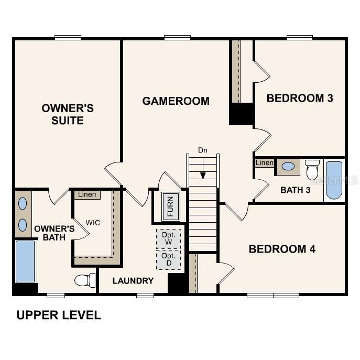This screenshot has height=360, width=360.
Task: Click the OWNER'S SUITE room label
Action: click(68, 114)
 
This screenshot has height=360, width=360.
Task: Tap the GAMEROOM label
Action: click(176, 101)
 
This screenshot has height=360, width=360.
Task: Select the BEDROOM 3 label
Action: click(300, 98)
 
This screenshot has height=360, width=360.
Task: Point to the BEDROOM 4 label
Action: click(282, 249)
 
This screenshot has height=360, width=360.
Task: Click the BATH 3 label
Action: click(296, 190)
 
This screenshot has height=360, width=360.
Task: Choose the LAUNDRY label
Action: click(133, 281)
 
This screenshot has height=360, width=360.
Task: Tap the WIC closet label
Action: click(93, 222)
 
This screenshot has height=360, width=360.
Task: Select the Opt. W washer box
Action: click(168, 239)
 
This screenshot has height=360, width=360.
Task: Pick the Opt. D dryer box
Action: click(168, 259)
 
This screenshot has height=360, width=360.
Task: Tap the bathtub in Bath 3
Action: click(334, 180)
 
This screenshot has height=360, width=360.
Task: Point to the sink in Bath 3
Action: click(288, 167)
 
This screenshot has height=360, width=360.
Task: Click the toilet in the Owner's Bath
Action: click(84, 280)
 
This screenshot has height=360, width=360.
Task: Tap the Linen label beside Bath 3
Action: click(265, 163)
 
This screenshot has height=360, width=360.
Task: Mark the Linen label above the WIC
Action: click(87, 195)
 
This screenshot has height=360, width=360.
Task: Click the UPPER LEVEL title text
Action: click(58, 315)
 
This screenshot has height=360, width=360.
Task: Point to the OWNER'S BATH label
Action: click(54, 233)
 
